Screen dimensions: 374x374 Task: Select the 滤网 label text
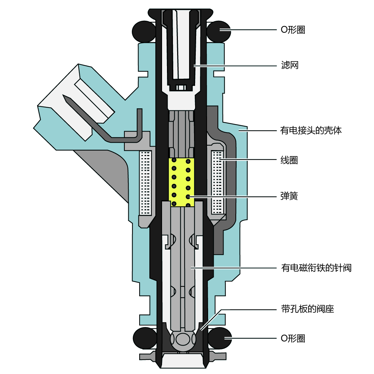[x=290, y=65]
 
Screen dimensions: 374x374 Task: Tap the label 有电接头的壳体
[x=311, y=131]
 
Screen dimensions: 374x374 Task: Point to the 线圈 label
[x=290, y=160]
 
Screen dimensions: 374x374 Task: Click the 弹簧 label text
[x=290, y=196]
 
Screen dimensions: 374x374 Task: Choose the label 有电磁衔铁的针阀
[x=316, y=268]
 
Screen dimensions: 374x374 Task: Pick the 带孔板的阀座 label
[x=307, y=309]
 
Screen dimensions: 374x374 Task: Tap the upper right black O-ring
[x=218, y=31]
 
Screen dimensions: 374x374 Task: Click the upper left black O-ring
[x=143, y=31]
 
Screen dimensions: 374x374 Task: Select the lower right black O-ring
[x=220, y=338]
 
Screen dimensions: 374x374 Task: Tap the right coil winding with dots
[x=217, y=182]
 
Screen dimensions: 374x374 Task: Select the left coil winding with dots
[x=146, y=182]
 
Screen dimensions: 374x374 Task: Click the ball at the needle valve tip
[x=182, y=340]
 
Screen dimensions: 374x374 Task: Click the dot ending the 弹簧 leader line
[x=188, y=196]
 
